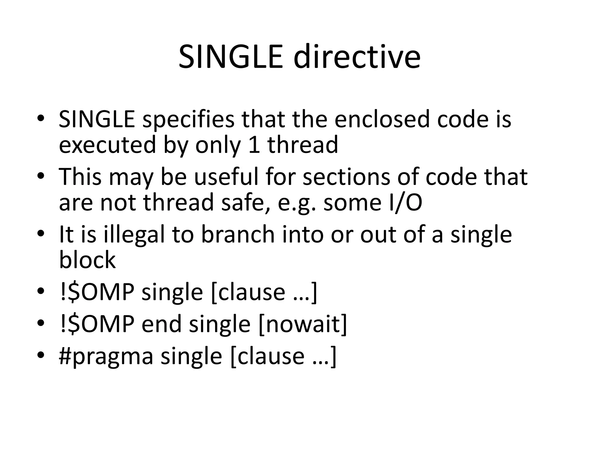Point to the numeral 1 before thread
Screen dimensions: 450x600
(x=254, y=145)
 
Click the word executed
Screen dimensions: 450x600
(x=107, y=145)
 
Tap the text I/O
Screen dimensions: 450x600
(x=405, y=203)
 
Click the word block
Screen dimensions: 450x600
(x=87, y=260)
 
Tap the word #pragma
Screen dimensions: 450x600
(x=106, y=357)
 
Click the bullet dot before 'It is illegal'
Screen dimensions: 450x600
(x=41, y=234)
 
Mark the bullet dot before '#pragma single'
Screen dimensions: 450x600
(x=41, y=355)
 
